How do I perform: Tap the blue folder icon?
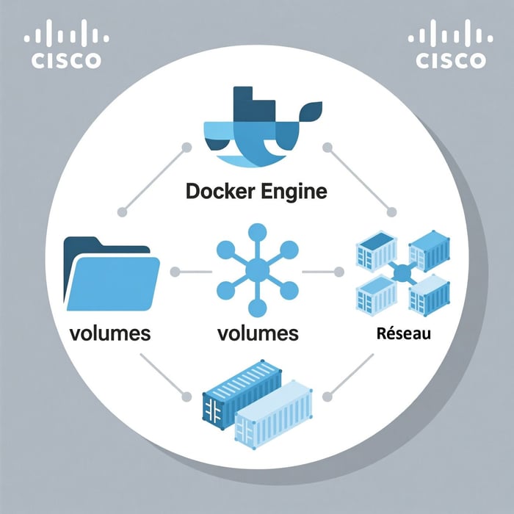click(x=112, y=272)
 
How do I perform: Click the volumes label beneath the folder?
click(x=110, y=333)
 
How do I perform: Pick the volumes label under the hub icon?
click(x=258, y=333)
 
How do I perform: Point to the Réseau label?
click(x=403, y=334)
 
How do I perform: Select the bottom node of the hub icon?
click(x=257, y=309)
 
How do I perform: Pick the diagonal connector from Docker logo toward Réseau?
click(x=360, y=180)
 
